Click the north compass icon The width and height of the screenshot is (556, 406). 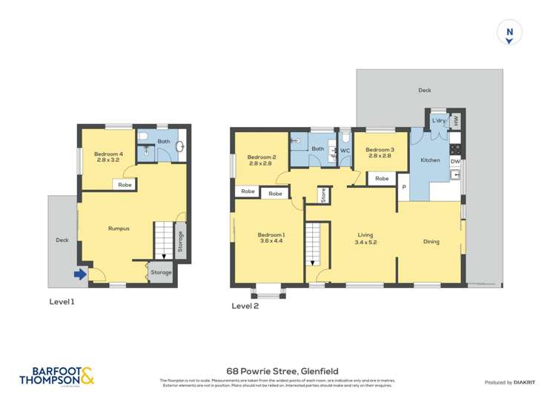[x=509, y=33]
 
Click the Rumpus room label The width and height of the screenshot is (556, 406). [x=119, y=229]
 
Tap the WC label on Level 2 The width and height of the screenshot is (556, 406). [x=345, y=151]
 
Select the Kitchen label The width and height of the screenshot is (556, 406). [x=430, y=160]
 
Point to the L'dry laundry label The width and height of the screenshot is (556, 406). [x=439, y=120]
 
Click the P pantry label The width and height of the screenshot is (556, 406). [x=404, y=188]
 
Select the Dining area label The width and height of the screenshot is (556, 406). [x=431, y=241]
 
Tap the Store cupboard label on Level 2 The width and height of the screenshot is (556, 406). [x=323, y=196]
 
